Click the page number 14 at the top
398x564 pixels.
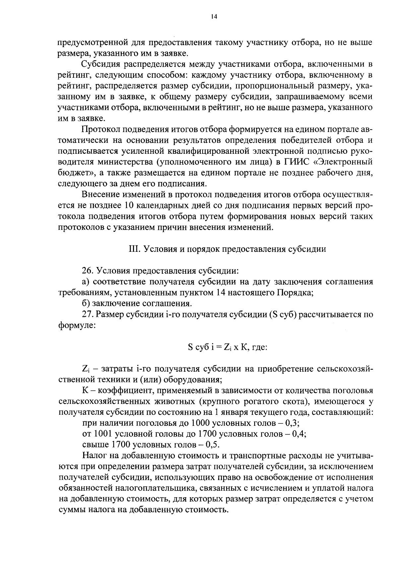214,17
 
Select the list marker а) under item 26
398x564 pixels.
86,282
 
